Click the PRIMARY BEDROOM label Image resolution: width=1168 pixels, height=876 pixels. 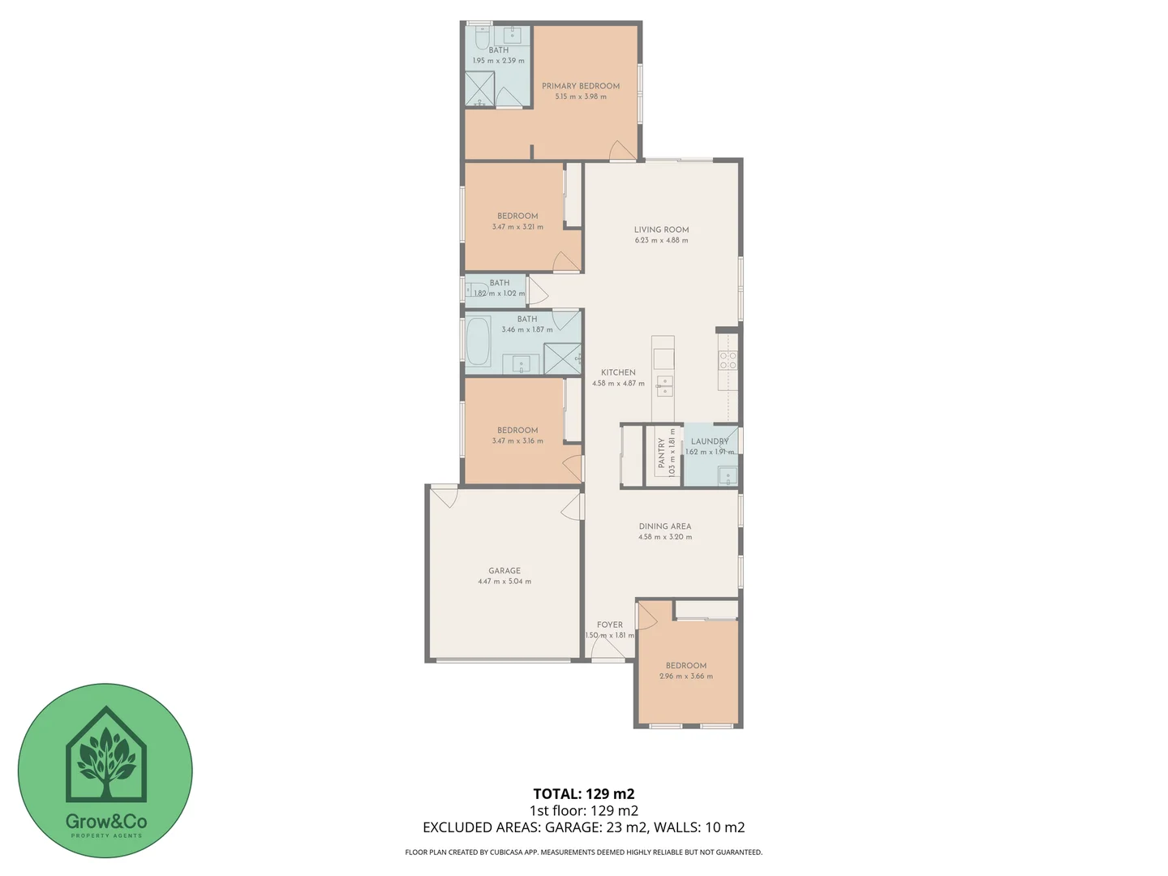tap(581, 86)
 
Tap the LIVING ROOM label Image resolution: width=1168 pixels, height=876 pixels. tap(661, 230)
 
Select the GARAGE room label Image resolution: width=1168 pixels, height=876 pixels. tap(505, 571)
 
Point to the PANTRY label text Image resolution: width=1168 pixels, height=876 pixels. tap(662, 453)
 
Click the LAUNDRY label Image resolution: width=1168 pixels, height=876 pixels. tap(709, 441)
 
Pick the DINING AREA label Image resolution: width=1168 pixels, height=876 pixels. tap(664, 526)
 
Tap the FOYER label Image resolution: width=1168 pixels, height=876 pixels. tap(610, 625)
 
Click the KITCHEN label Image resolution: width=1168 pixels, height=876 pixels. tap(618, 372)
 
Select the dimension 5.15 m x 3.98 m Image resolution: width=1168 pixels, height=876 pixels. tap(581, 97)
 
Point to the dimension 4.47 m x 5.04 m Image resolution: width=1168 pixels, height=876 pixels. tap(505, 582)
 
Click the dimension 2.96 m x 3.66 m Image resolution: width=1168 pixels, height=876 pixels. tap(686, 676)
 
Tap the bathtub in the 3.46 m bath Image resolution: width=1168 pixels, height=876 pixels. tap(479, 341)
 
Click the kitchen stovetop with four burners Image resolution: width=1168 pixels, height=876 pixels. tap(728, 360)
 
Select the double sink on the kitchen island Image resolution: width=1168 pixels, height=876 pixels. tap(664, 385)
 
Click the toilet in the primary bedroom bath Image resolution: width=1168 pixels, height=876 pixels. tap(482, 38)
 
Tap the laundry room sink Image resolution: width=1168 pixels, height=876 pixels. tap(727, 475)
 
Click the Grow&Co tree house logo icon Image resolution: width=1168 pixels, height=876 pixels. tap(105, 754)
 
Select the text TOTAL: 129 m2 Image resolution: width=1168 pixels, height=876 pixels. tap(583, 794)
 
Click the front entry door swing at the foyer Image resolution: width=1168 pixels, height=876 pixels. tap(608, 650)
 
